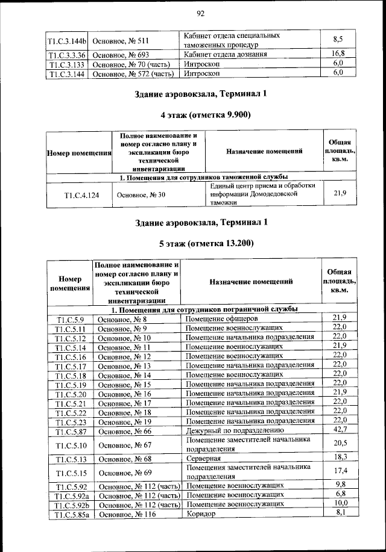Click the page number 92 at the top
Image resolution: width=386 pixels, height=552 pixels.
click(201, 14)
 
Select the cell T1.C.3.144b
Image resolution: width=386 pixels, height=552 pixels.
click(67, 42)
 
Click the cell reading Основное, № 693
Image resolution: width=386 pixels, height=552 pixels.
click(122, 54)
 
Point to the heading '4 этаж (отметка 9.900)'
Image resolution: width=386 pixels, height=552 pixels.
click(201, 114)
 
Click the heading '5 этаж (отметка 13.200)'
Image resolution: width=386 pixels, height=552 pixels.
click(201, 243)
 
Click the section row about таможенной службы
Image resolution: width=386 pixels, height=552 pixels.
click(201, 178)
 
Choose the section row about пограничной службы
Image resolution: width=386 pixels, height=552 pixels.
click(201, 309)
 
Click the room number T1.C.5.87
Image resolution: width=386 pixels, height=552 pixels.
click(71, 431)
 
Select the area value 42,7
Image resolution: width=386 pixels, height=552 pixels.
click(339, 429)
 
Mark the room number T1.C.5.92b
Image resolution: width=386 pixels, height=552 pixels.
click(71, 504)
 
